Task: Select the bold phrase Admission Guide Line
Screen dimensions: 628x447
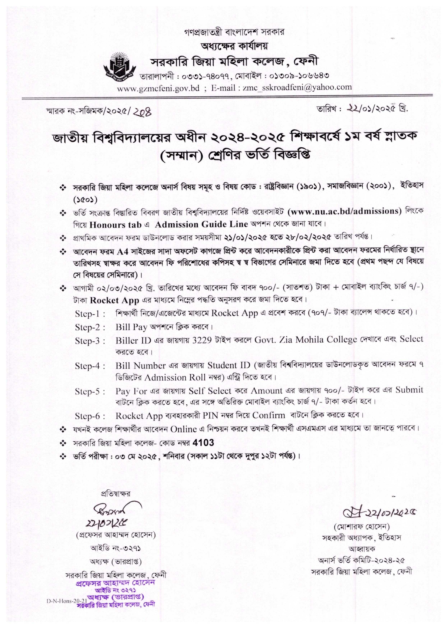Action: coord(201,224)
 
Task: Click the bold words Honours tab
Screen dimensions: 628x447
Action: coord(115,225)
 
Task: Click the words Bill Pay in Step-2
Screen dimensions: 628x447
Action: coord(131,327)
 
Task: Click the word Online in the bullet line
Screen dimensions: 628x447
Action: coord(183,429)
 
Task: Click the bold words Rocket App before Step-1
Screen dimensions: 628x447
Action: coord(114,300)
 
